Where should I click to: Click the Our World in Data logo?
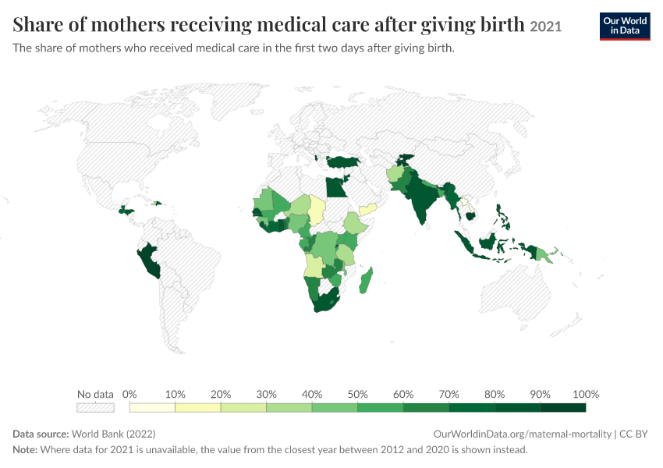click(625, 27)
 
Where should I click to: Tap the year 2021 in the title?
click(545, 27)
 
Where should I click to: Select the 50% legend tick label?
click(357, 395)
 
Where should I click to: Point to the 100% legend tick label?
click(586, 395)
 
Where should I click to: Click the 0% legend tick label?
click(129, 395)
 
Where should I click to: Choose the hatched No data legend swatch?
click(96, 407)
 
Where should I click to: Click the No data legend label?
click(96, 395)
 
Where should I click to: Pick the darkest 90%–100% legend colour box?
click(563, 407)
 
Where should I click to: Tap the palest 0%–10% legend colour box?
click(152, 407)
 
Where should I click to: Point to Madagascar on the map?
click(366, 280)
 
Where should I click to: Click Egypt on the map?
click(335, 187)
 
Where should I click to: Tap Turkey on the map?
click(343, 161)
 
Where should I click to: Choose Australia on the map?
click(515, 292)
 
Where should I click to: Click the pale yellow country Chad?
click(316, 210)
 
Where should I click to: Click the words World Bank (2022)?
click(113, 434)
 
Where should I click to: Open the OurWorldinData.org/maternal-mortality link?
click(523, 434)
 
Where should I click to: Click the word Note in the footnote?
click(24, 449)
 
